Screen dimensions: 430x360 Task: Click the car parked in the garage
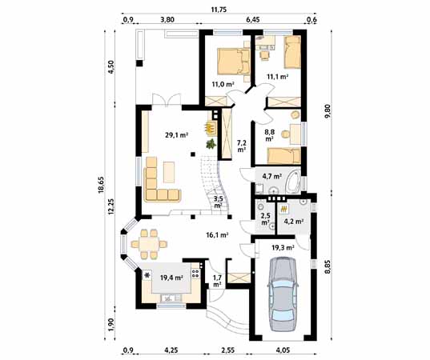[283, 294]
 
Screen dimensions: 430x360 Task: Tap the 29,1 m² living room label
[176, 134]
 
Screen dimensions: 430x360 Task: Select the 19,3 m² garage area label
[283, 248]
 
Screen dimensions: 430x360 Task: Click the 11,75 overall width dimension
[219, 10]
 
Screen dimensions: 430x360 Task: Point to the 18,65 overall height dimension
[101, 186]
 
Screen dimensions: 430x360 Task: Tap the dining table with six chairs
[149, 244]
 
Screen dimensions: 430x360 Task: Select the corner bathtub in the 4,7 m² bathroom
[293, 181]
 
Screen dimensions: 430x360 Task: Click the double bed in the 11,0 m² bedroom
[234, 62]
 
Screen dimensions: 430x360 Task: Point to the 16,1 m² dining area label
[217, 234]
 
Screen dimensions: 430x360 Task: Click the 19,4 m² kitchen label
[171, 278]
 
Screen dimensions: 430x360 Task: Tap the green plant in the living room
[211, 144]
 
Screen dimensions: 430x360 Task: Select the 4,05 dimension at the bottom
[283, 350]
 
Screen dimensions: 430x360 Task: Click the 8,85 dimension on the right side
[328, 267]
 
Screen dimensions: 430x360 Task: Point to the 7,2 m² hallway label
[241, 146]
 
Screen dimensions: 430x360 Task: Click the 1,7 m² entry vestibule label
[217, 282]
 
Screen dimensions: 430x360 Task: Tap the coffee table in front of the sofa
[169, 172]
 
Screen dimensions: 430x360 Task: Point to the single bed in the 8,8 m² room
[284, 156]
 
